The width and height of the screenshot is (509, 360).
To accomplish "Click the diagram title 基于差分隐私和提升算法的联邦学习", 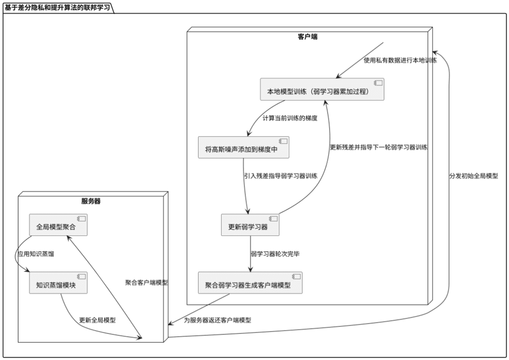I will coord(58,7).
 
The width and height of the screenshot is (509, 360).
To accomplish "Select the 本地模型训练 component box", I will coord(322,89).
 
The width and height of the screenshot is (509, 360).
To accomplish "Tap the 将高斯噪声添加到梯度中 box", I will coord(243,148).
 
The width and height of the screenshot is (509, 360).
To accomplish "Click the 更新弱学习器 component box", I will coord(250,225).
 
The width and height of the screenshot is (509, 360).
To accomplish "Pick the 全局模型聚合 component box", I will coord(58,225).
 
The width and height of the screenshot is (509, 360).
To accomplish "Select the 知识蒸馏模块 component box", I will coord(58,283).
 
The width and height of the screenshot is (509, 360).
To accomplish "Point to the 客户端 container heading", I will coord(307,37).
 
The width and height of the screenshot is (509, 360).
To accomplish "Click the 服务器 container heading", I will coord(91,201).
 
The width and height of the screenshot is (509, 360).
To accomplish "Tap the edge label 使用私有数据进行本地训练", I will coord(400,60).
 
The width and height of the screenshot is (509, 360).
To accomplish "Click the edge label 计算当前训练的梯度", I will coord(290,118).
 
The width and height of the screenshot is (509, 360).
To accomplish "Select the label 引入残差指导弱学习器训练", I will coord(281,176).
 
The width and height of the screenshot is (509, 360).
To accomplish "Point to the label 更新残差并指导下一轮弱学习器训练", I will coord(379,147).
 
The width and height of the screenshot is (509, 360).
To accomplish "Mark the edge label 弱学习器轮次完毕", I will coord(275,254).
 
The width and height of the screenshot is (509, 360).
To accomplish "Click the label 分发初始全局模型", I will coord(473,176).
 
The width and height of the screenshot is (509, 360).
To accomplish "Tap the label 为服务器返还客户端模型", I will coord(217,321).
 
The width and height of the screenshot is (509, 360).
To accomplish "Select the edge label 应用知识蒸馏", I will coord(35,254).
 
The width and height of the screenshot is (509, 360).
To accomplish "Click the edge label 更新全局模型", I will coord(97,320).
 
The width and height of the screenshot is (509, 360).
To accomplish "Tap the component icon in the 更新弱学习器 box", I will coord(273,219).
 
